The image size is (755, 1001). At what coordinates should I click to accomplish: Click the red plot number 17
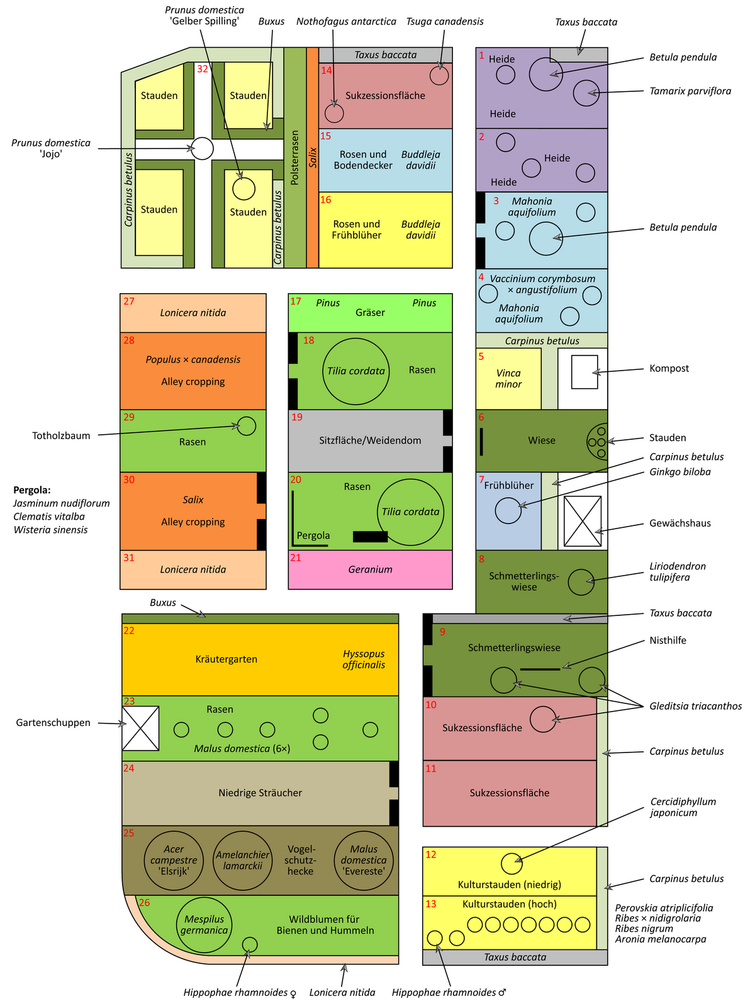[x=296, y=301]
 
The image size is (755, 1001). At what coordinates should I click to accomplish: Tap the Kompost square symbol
[x=584, y=372]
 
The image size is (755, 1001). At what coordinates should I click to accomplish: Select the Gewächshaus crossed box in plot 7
[x=582, y=521]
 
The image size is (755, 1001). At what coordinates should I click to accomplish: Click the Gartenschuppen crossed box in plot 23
[x=140, y=728]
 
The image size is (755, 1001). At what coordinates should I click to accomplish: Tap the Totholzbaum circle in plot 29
[x=247, y=426]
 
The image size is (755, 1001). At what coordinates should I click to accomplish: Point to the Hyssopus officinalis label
[x=364, y=659]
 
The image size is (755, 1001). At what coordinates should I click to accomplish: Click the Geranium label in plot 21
[x=370, y=569]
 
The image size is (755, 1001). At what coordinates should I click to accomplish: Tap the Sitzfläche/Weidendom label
[x=370, y=440]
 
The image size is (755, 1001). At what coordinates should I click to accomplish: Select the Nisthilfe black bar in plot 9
[x=540, y=669]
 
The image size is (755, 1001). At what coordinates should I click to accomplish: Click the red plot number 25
[x=128, y=833]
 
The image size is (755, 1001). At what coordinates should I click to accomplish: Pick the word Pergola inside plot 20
[x=313, y=535]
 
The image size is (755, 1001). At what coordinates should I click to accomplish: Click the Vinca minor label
[x=508, y=379]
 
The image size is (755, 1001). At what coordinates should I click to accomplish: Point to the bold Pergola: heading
[x=32, y=489]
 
